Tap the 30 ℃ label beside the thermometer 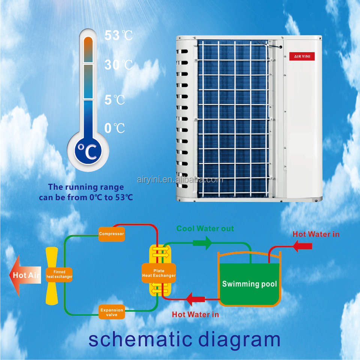pyautogui.click(x=118, y=65)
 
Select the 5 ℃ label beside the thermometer pyautogui.click(x=115, y=100)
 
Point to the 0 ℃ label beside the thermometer pyautogui.click(x=114, y=128)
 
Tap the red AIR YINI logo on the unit pyautogui.click(x=301, y=57)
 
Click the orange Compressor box pyautogui.click(x=111, y=234)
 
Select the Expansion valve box pyautogui.click(x=111, y=312)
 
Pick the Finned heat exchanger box pyautogui.click(x=59, y=274)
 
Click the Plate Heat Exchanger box pyautogui.click(x=159, y=273)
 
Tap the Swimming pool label pyautogui.click(x=249, y=284)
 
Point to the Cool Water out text pyautogui.click(x=205, y=228)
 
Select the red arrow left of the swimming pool pyautogui.click(x=195, y=299)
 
